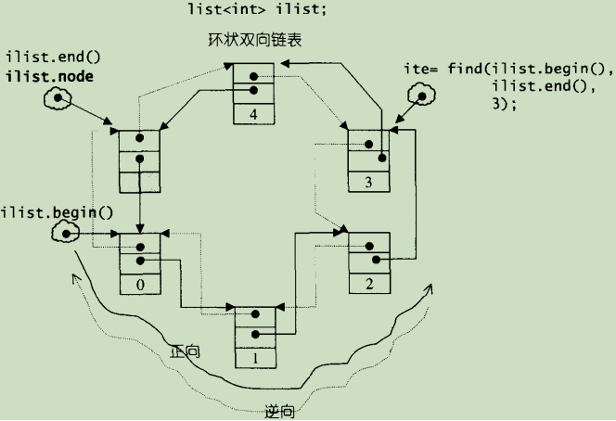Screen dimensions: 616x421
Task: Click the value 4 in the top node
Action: click(254, 115)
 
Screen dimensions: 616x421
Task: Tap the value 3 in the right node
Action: click(368, 183)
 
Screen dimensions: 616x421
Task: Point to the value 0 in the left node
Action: click(140, 285)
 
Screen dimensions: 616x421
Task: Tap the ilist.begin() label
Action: click(57, 212)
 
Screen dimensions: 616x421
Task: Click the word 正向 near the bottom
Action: click(186, 352)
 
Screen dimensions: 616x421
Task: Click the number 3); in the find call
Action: click(504, 103)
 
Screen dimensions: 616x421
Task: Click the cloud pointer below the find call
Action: click(418, 95)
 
